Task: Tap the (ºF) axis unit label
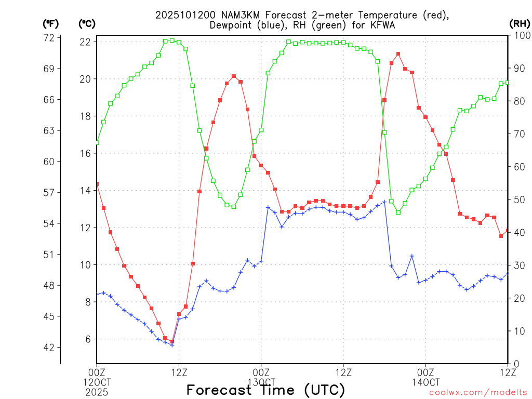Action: tap(50, 23)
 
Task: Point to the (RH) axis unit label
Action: tap(519, 23)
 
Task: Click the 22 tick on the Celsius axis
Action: tap(86, 42)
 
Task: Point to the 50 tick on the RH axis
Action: tap(517, 199)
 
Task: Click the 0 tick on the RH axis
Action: tap(515, 364)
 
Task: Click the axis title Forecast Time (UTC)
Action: tap(265, 390)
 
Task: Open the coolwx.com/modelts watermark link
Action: tap(477, 393)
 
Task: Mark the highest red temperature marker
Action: tap(398, 54)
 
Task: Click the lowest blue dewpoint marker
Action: tap(172, 345)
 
